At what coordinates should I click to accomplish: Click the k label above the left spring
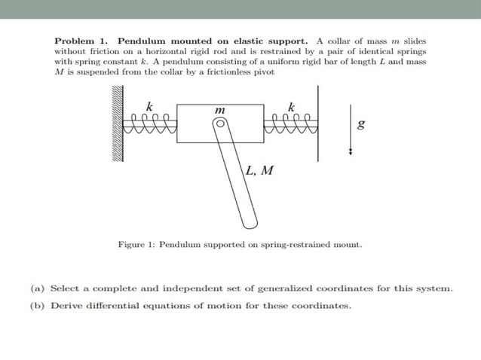point(149,105)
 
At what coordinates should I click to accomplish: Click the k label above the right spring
point(292,105)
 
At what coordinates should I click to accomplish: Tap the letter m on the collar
point(219,110)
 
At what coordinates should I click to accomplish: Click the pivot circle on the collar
point(220,128)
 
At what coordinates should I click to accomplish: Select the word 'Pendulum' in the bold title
point(142,39)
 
